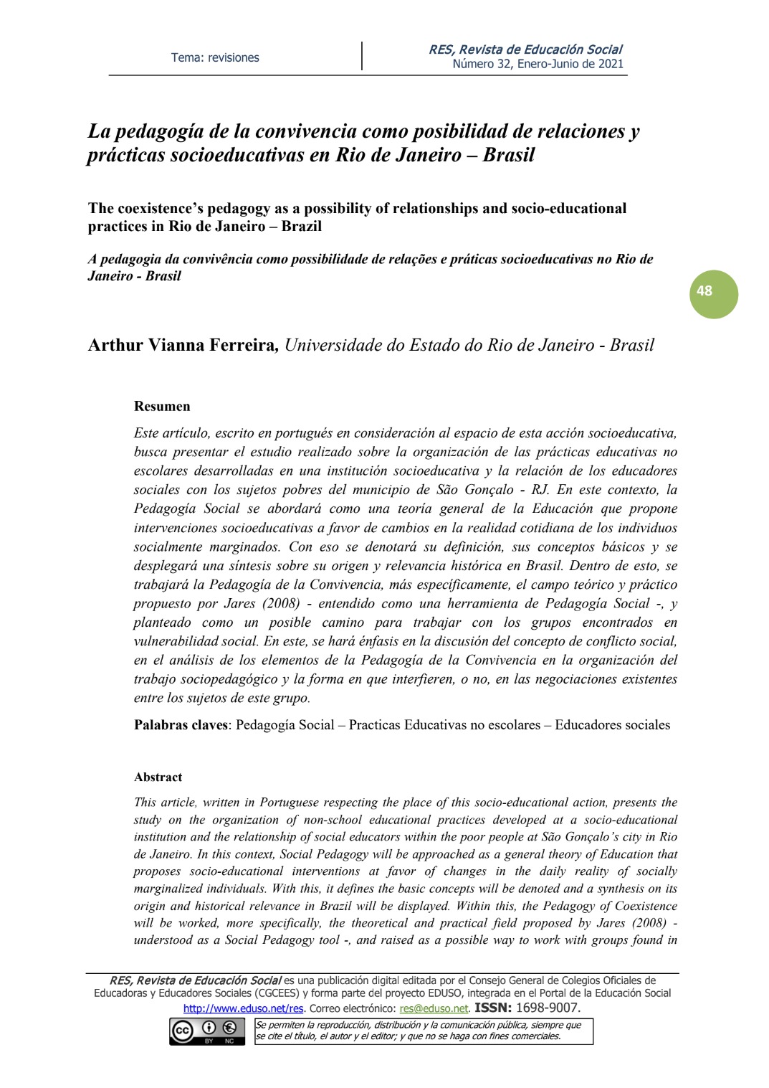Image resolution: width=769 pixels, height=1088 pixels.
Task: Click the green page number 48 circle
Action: (x=713, y=293)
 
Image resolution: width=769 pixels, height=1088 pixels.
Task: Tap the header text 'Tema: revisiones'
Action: (x=215, y=57)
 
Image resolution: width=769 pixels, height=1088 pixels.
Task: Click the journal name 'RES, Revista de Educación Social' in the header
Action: (x=525, y=49)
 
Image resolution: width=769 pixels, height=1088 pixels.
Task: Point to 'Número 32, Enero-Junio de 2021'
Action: (x=538, y=64)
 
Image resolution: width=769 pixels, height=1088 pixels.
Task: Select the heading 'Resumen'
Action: (x=162, y=406)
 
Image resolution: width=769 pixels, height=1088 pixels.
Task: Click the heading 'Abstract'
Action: (x=158, y=777)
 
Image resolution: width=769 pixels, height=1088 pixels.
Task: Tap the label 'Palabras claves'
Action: (x=181, y=724)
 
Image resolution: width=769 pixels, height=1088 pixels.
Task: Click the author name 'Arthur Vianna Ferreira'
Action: (x=182, y=345)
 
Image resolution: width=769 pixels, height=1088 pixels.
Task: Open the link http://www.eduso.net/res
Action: (x=243, y=1008)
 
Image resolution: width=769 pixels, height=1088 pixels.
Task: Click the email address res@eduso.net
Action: (x=434, y=1008)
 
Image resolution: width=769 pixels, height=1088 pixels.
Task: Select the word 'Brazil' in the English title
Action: (x=301, y=226)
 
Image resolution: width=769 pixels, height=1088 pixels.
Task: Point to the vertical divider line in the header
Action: (x=362, y=56)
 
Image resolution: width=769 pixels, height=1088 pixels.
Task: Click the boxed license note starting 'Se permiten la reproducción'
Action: (x=424, y=1031)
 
